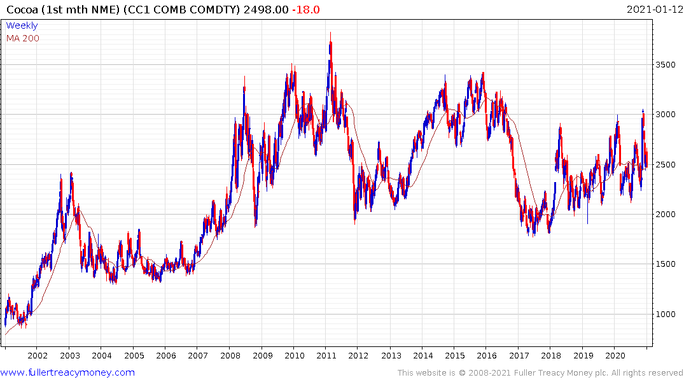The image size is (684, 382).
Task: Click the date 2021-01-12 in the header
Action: click(654, 10)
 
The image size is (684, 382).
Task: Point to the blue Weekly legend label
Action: click(22, 25)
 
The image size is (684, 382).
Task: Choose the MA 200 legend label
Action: click(22, 38)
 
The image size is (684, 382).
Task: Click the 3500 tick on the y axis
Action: click(665, 65)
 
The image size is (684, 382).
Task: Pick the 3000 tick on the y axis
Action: click(665, 115)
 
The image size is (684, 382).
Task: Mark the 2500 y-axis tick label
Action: click(665, 165)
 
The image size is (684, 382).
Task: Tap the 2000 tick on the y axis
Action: click(665, 215)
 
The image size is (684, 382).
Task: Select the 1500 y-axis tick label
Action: click(665, 264)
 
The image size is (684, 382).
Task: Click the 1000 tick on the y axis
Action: click(665, 315)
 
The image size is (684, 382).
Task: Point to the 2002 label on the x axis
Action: click(38, 355)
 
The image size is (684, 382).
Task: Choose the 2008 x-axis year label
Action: click(230, 355)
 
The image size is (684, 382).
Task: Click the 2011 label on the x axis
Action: click(326, 355)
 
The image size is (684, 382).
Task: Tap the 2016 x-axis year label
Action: click(487, 355)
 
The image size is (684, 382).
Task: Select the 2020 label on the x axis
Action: click(615, 355)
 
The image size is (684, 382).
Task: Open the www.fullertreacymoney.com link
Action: click(67, 372)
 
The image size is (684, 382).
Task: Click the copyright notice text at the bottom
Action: click(540, 373)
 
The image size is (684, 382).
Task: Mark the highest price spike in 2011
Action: click(330, 33)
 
